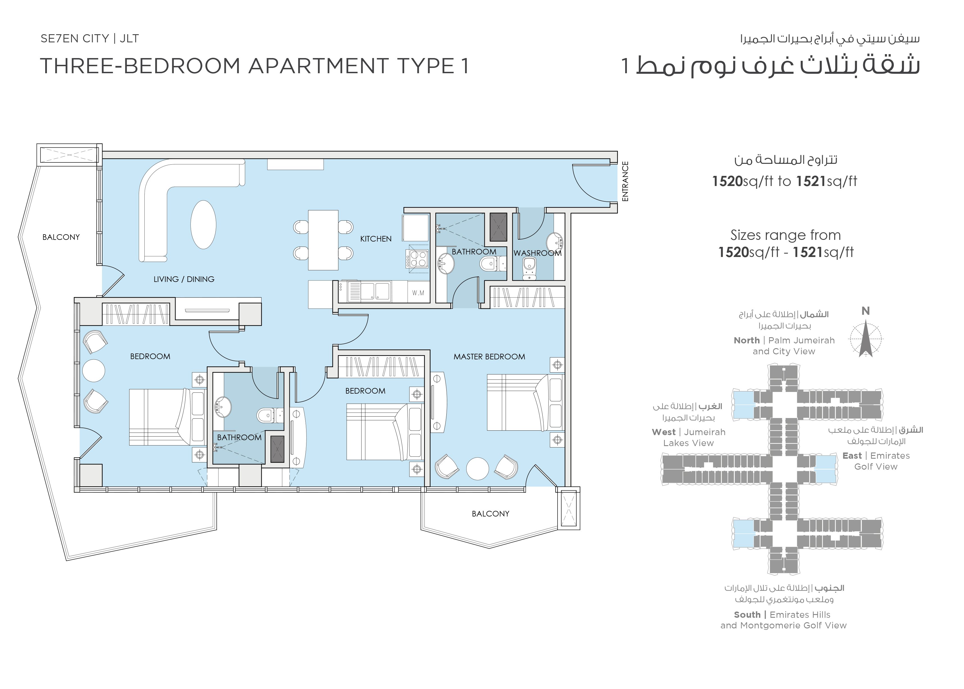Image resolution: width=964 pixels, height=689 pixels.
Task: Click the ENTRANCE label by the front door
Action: click(625, 181)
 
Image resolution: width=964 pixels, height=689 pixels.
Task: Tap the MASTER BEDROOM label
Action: click(489, 357)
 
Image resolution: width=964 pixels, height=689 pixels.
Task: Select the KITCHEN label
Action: click(376, 239)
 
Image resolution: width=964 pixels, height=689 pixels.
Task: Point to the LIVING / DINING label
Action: click(184, 279)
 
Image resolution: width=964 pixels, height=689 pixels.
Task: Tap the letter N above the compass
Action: click(865, 311)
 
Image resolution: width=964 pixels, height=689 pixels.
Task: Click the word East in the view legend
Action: click(852, 456)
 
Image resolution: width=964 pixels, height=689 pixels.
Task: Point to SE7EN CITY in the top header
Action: click(75, 39)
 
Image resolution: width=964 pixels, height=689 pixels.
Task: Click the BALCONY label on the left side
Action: click(61, 237)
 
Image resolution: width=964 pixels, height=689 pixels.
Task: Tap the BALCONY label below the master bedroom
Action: click(490, 514)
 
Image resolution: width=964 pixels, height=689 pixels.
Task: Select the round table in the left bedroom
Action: click(94, 371)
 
